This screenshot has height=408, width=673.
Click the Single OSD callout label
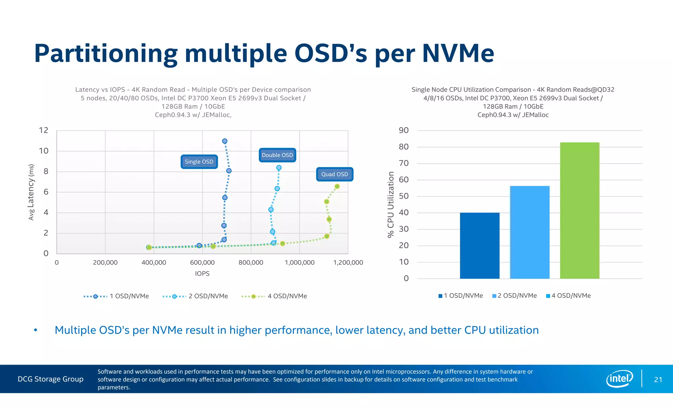pyautogui.click(x=199, y=162)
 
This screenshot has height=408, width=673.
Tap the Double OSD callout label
pyautogui.click(x=277, y=155)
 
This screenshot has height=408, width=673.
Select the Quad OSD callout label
pyautogui.click(x=335, y=174)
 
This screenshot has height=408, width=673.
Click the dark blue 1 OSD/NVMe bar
pyautogui.click(x=479, y=246)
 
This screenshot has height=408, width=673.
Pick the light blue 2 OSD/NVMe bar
pyautogui.click(x=529, y=232)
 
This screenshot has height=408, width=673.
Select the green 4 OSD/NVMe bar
pyautogui.click(x=579, y=210)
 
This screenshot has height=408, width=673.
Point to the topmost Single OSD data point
pyautogui.click(x=225, y=141)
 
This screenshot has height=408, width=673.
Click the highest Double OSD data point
pyautogui.click(x=279, y=168)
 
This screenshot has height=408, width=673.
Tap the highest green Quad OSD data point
pyautogui.click(x=337, y=186)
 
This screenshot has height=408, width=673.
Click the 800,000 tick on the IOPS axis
pyautogui.click(x=251, y=263)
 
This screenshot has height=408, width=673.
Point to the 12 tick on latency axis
pyautogui.click(x=43, y=130)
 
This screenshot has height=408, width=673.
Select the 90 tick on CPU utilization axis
pyautogui.click(x=404, y=130)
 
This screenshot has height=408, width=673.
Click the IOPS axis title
pyautogui.click(x=202, y=274)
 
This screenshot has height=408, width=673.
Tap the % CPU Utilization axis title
pyautogui.click(x=391, y=204)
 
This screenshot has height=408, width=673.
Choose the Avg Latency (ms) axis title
pyautogui.click(x=31, y=192)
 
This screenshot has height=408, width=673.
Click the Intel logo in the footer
pyautogui.click(x=619, y=379)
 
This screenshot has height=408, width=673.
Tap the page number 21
pyautogui.click(x=658, y=380)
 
